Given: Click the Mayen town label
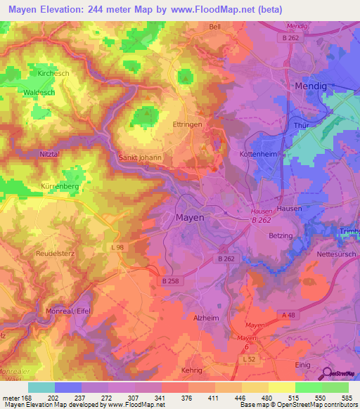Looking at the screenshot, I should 189,218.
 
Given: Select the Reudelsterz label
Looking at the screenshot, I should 54,251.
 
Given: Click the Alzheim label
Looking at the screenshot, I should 207,318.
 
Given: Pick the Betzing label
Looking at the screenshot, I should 283,237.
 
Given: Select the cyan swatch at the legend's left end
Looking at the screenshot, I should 41,387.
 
